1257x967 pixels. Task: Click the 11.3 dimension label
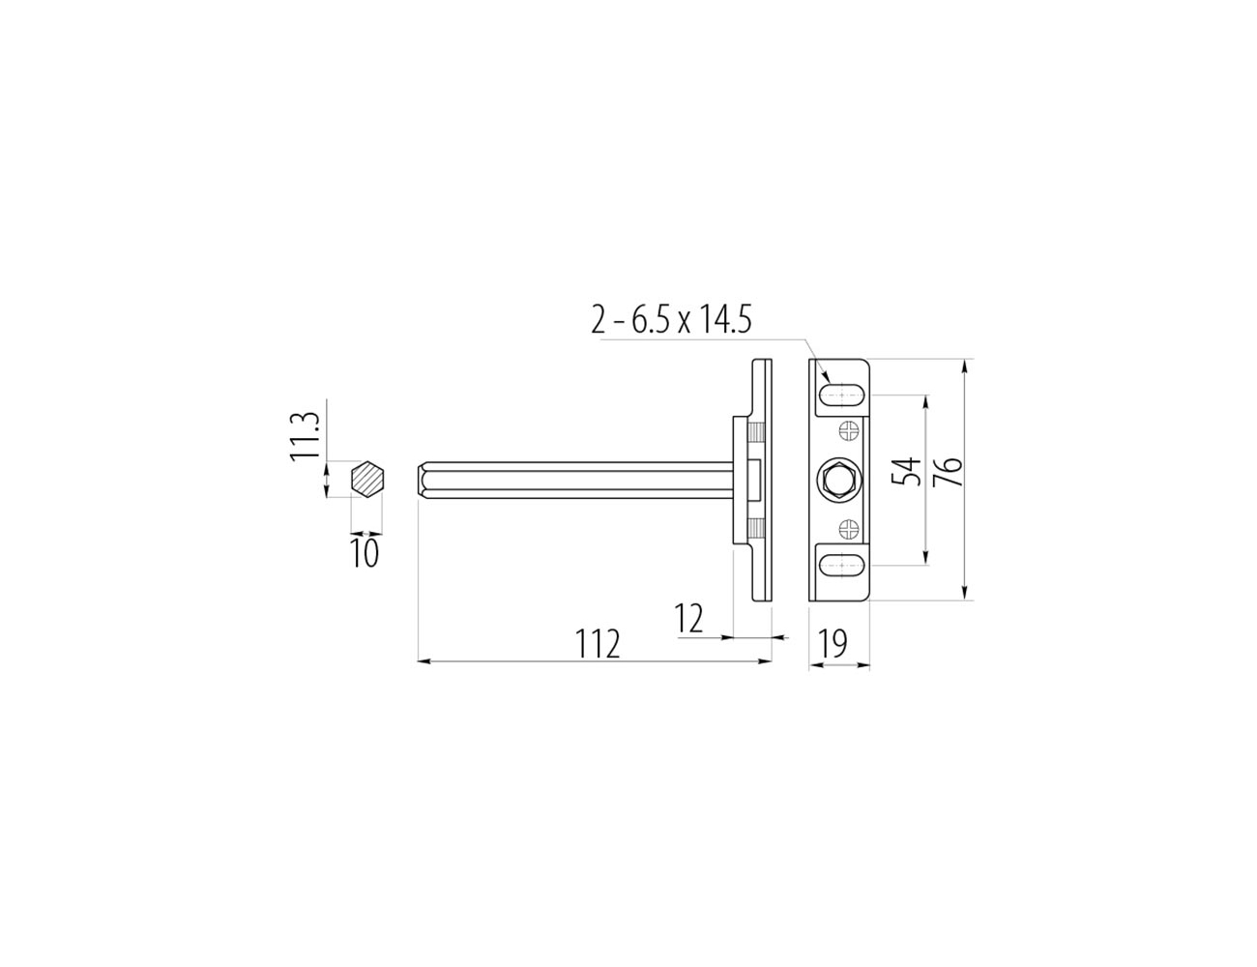tap(305, 435)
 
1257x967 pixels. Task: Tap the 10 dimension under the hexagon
tap(365, 552)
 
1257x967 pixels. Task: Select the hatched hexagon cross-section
tap(369, 479)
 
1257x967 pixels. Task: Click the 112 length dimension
tap(598, 643)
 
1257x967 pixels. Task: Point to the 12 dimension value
tap(688, 618)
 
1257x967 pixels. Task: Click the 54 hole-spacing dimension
tap(905, 471)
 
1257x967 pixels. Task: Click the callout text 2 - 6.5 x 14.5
tap(671, 320)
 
